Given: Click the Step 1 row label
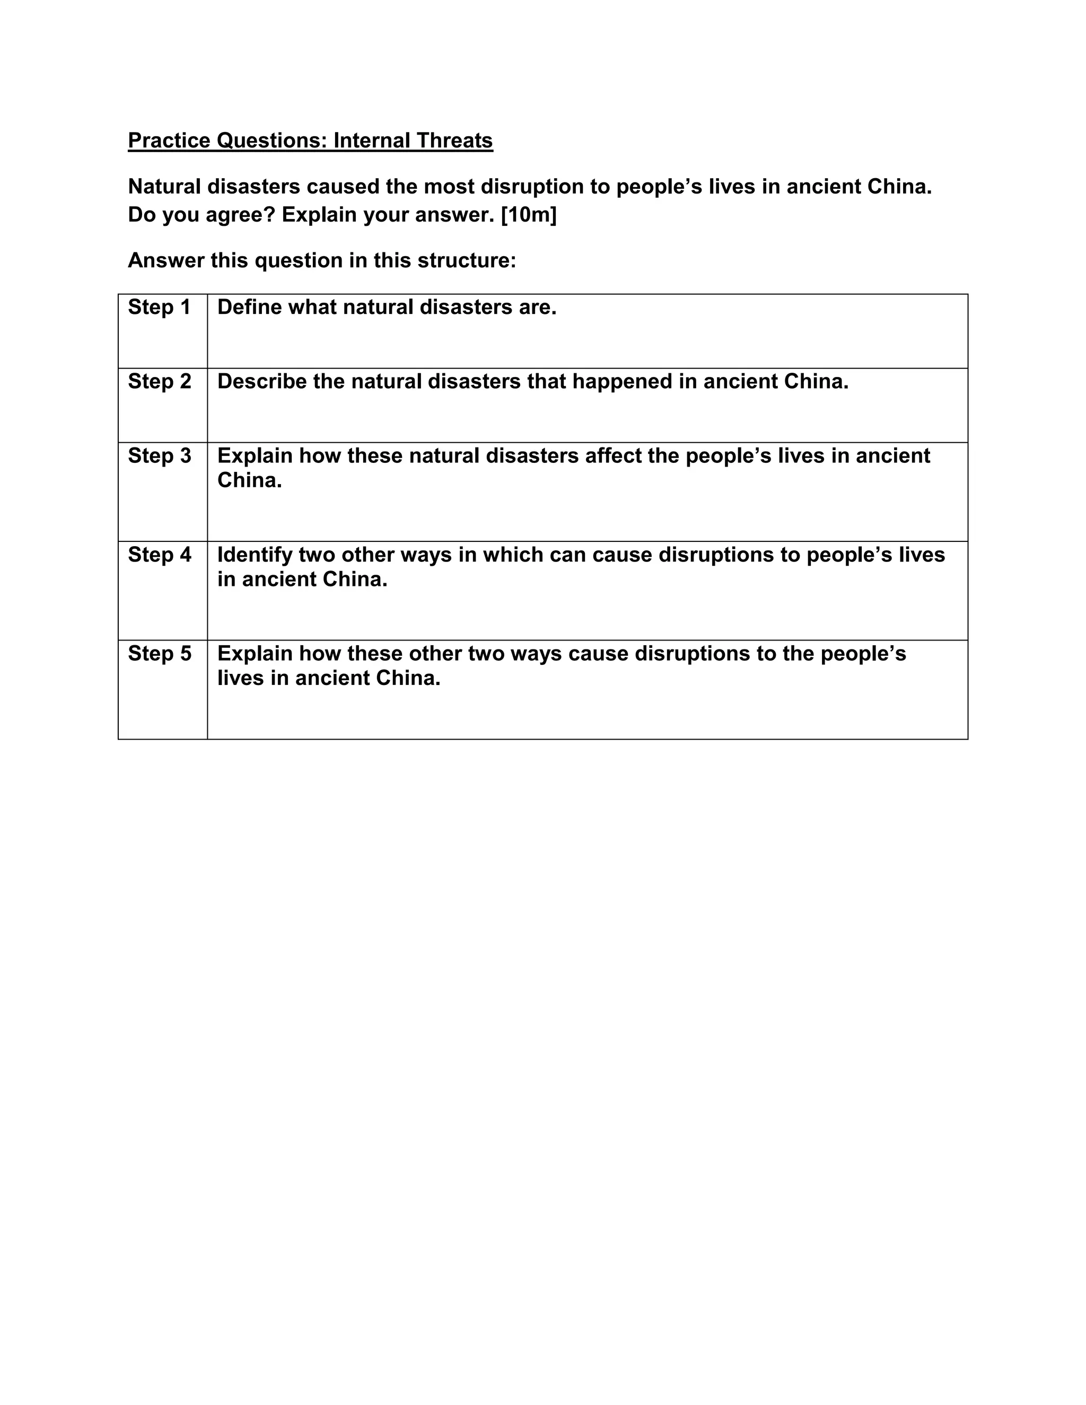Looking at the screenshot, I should pyautogui.click(x=160, y=308).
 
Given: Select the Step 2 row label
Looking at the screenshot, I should pyautogui.click(x=160, y=382).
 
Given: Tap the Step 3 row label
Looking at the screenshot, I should pyautogui.click(x=160, y=455).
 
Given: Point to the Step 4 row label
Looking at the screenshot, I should pyautogui.click(x=160, y=555).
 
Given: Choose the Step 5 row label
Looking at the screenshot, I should pyautogui.click(x=160, y=654).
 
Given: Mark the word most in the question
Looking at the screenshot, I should pyautogui.click(x=449, y=187).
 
